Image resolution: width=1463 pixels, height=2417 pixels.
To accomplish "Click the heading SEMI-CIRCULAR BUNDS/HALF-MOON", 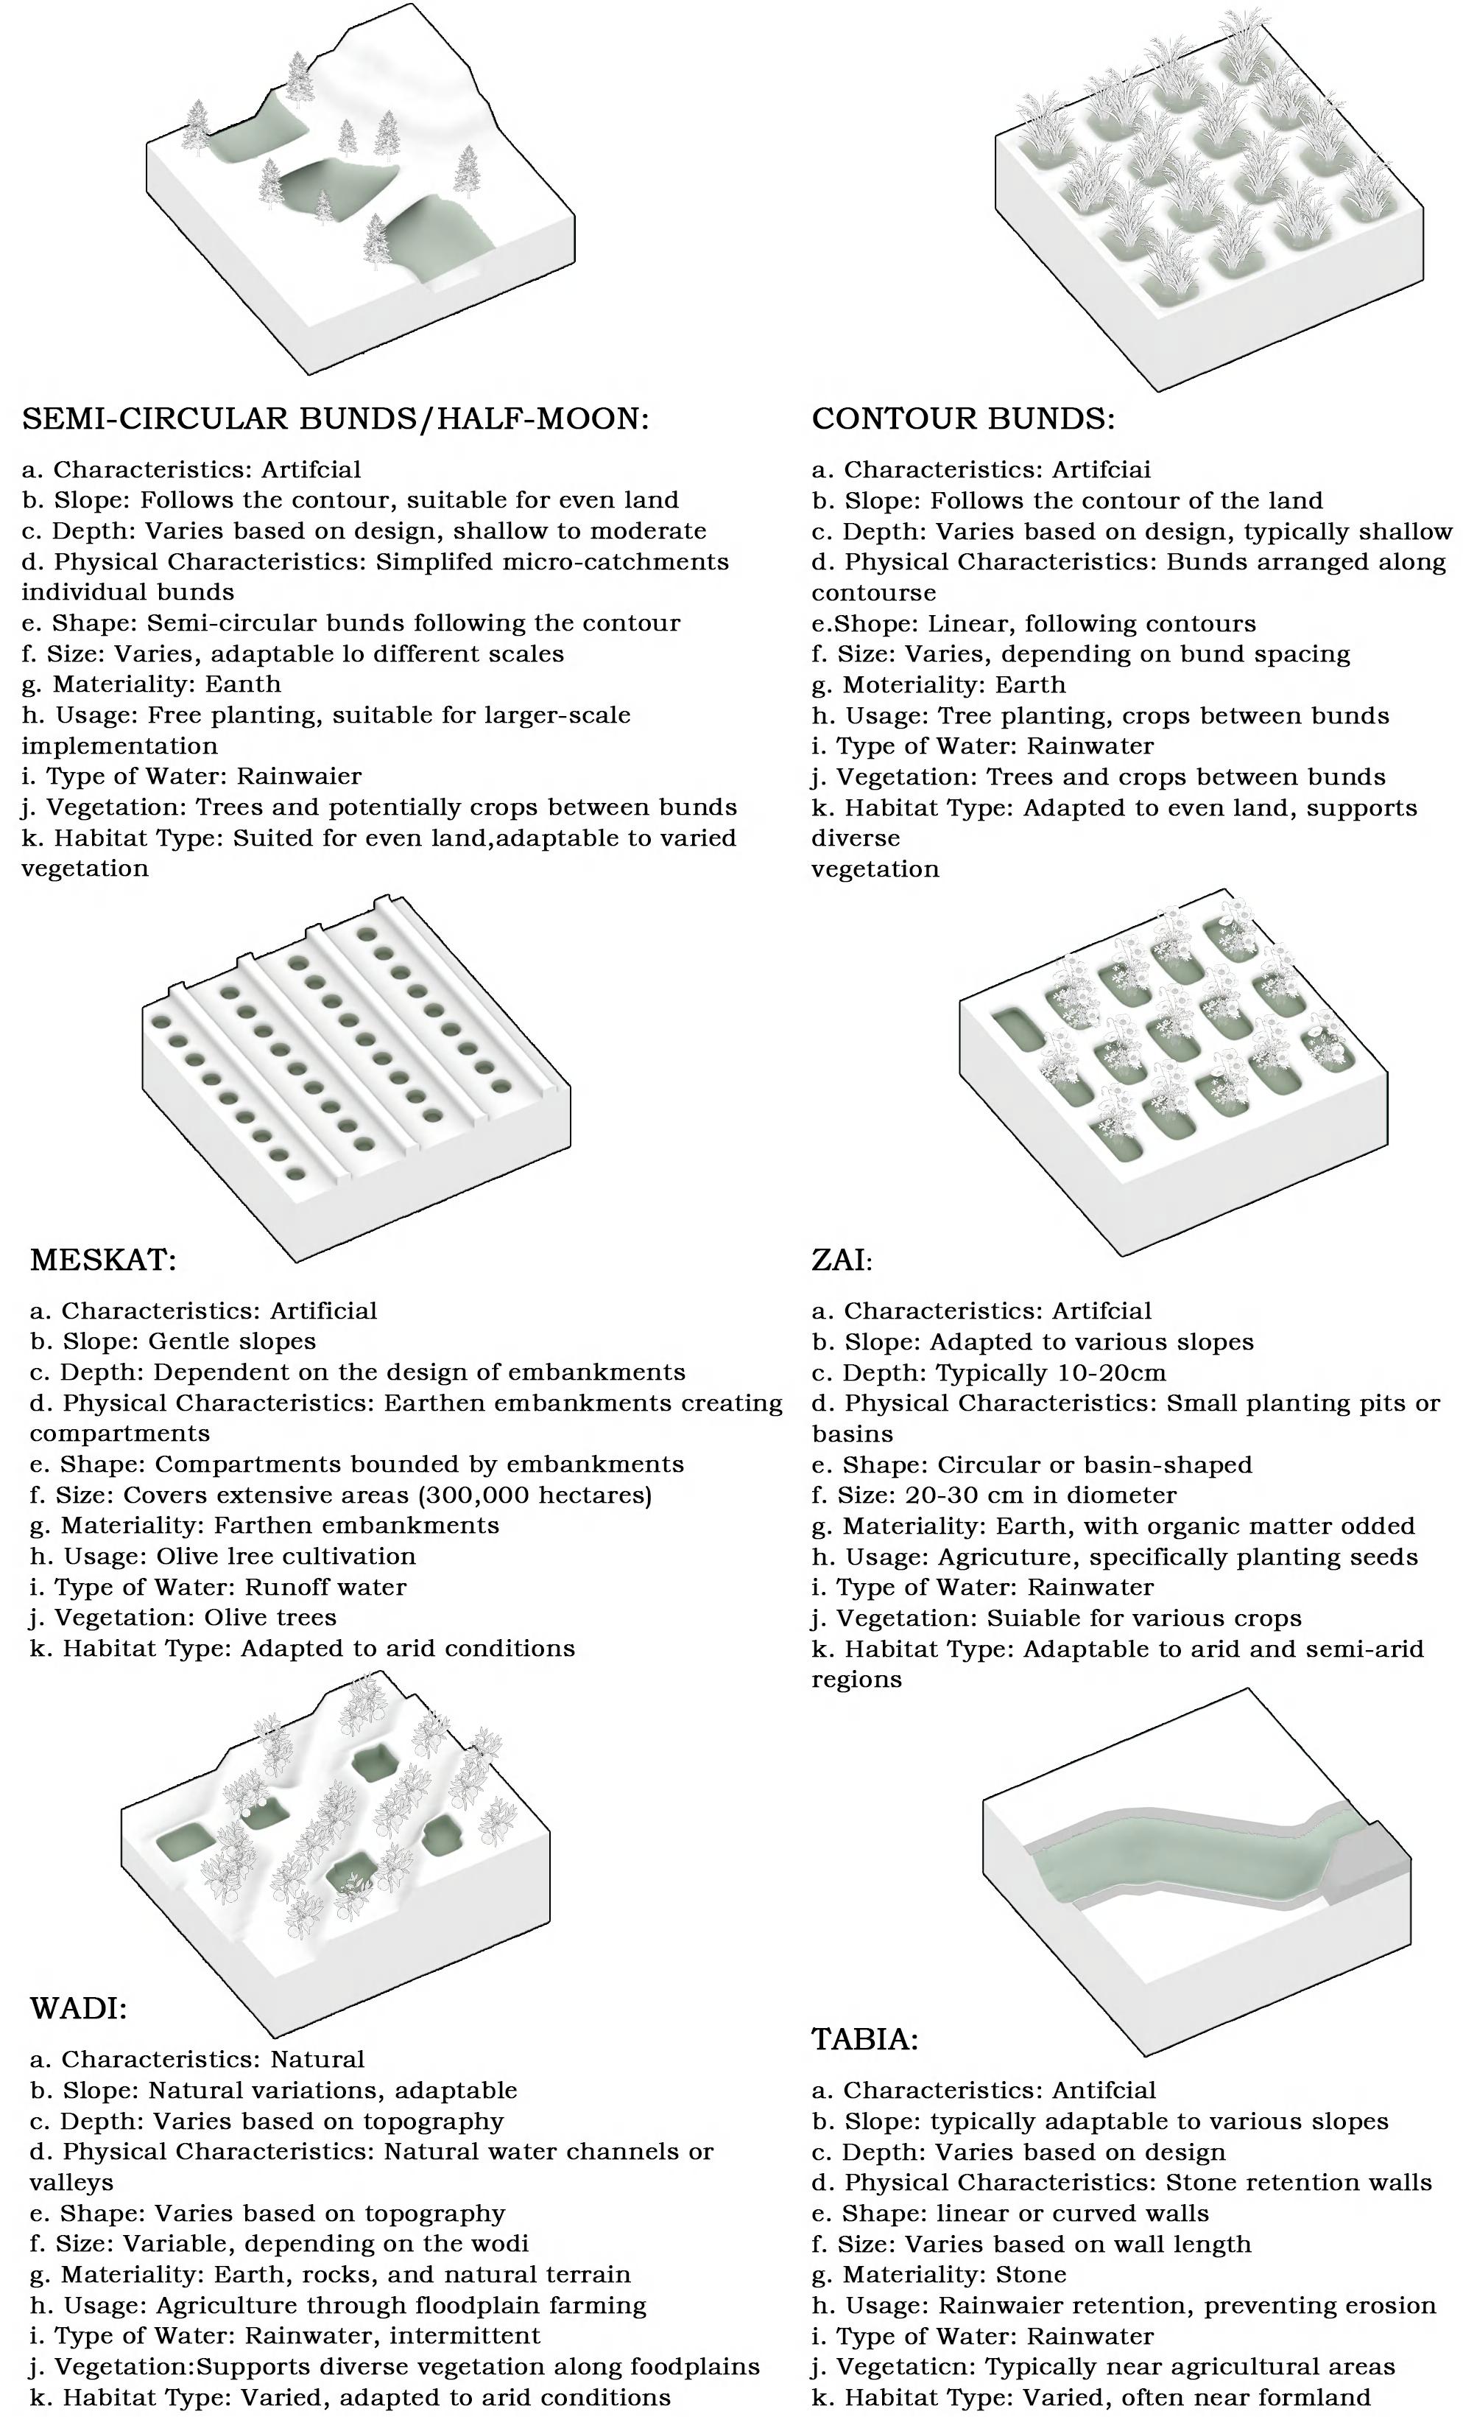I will click(334, 419).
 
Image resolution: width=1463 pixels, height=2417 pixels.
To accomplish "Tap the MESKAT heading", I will click(103, 1260).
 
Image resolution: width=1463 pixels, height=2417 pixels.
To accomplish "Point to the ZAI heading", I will click(842, 1260).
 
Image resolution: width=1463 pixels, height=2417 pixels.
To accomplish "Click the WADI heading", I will click(79, 2008).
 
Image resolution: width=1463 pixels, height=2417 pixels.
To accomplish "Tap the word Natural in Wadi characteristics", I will click(317, 2059).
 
